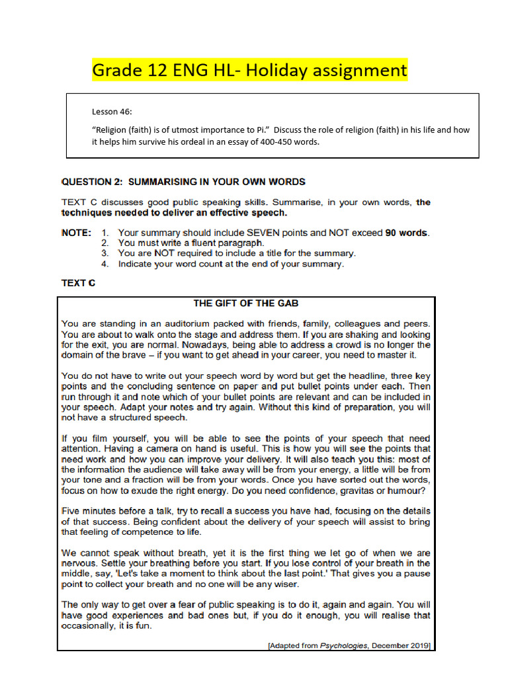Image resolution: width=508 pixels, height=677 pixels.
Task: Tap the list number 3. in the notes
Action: point(105,253)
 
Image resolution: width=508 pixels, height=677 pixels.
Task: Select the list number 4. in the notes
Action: point(105,264)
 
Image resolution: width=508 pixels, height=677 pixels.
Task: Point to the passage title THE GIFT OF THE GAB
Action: point(245,303)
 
